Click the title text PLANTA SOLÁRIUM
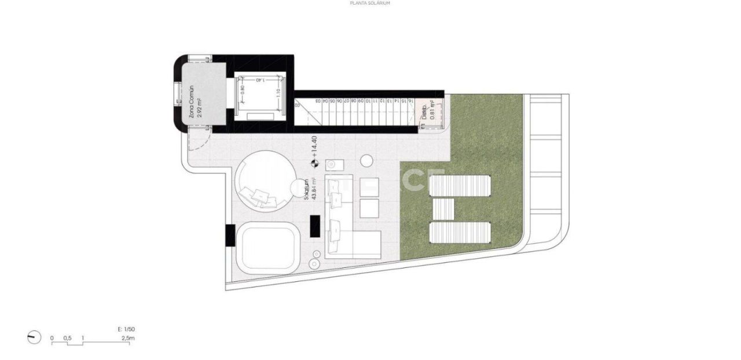click(370, 3)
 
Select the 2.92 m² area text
click(200, 108)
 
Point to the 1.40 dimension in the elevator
click(260, 80)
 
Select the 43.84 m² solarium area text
click(314, 189)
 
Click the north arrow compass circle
click(34, 337)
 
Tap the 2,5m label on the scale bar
click(128, 337)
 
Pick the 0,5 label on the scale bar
click(67, 337)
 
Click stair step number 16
click(410, 101)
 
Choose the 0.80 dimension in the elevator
click(243, 91)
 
